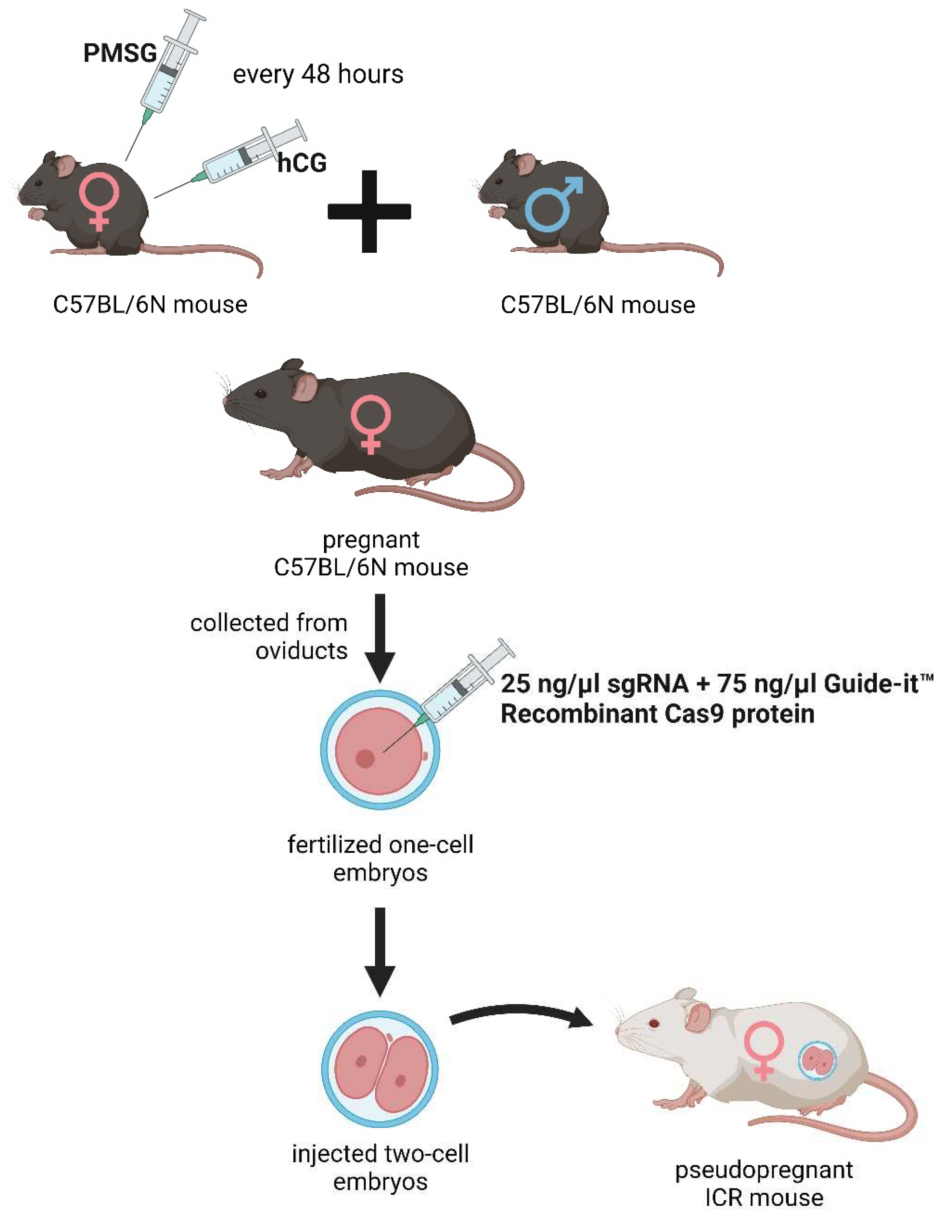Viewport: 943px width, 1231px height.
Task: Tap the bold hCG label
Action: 302,163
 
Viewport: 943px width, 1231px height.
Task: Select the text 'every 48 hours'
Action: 318,74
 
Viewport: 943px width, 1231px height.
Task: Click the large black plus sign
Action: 369,212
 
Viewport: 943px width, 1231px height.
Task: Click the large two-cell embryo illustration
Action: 380,1069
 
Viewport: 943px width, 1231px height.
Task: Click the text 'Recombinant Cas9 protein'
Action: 657,714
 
